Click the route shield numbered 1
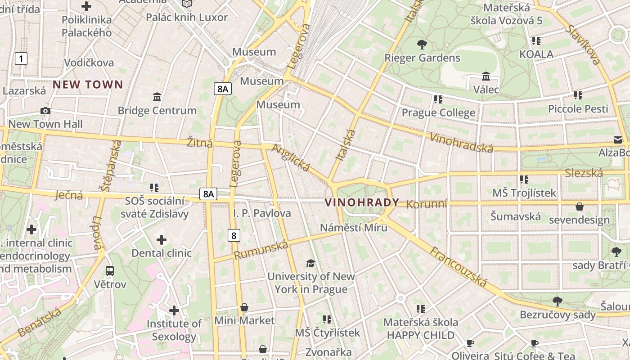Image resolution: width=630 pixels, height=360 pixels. pos(21,58)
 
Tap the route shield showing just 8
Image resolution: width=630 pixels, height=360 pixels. pos(233,235)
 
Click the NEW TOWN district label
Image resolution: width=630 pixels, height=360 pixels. pos(88,85)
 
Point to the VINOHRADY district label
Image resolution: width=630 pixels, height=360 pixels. pos(362,202)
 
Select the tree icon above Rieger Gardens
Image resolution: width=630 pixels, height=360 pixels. pos(422,44)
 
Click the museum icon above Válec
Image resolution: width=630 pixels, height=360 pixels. pos(486,76)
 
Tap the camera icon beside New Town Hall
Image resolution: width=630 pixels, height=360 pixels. pos(45,111)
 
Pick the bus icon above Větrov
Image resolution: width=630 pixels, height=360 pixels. pos(110,270)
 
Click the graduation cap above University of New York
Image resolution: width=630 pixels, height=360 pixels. pos(310,263)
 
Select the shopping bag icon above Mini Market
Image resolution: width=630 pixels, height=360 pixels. pos(244,307)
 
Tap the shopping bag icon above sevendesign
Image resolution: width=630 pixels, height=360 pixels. pos(580,207)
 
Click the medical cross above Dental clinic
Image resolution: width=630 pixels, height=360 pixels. pos(161,240)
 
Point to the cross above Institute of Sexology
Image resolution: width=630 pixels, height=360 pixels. pos(174,310)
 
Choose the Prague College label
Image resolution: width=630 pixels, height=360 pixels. pos(438,112)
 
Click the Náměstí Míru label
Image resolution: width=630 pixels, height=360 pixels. pos(353,227)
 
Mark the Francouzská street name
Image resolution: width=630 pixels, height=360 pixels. pos(458,267)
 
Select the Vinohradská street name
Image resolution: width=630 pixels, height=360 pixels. pos(461,143)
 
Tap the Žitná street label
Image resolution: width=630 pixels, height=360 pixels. pos(200,143)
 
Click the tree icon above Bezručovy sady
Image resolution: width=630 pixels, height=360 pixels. pos(558,301)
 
